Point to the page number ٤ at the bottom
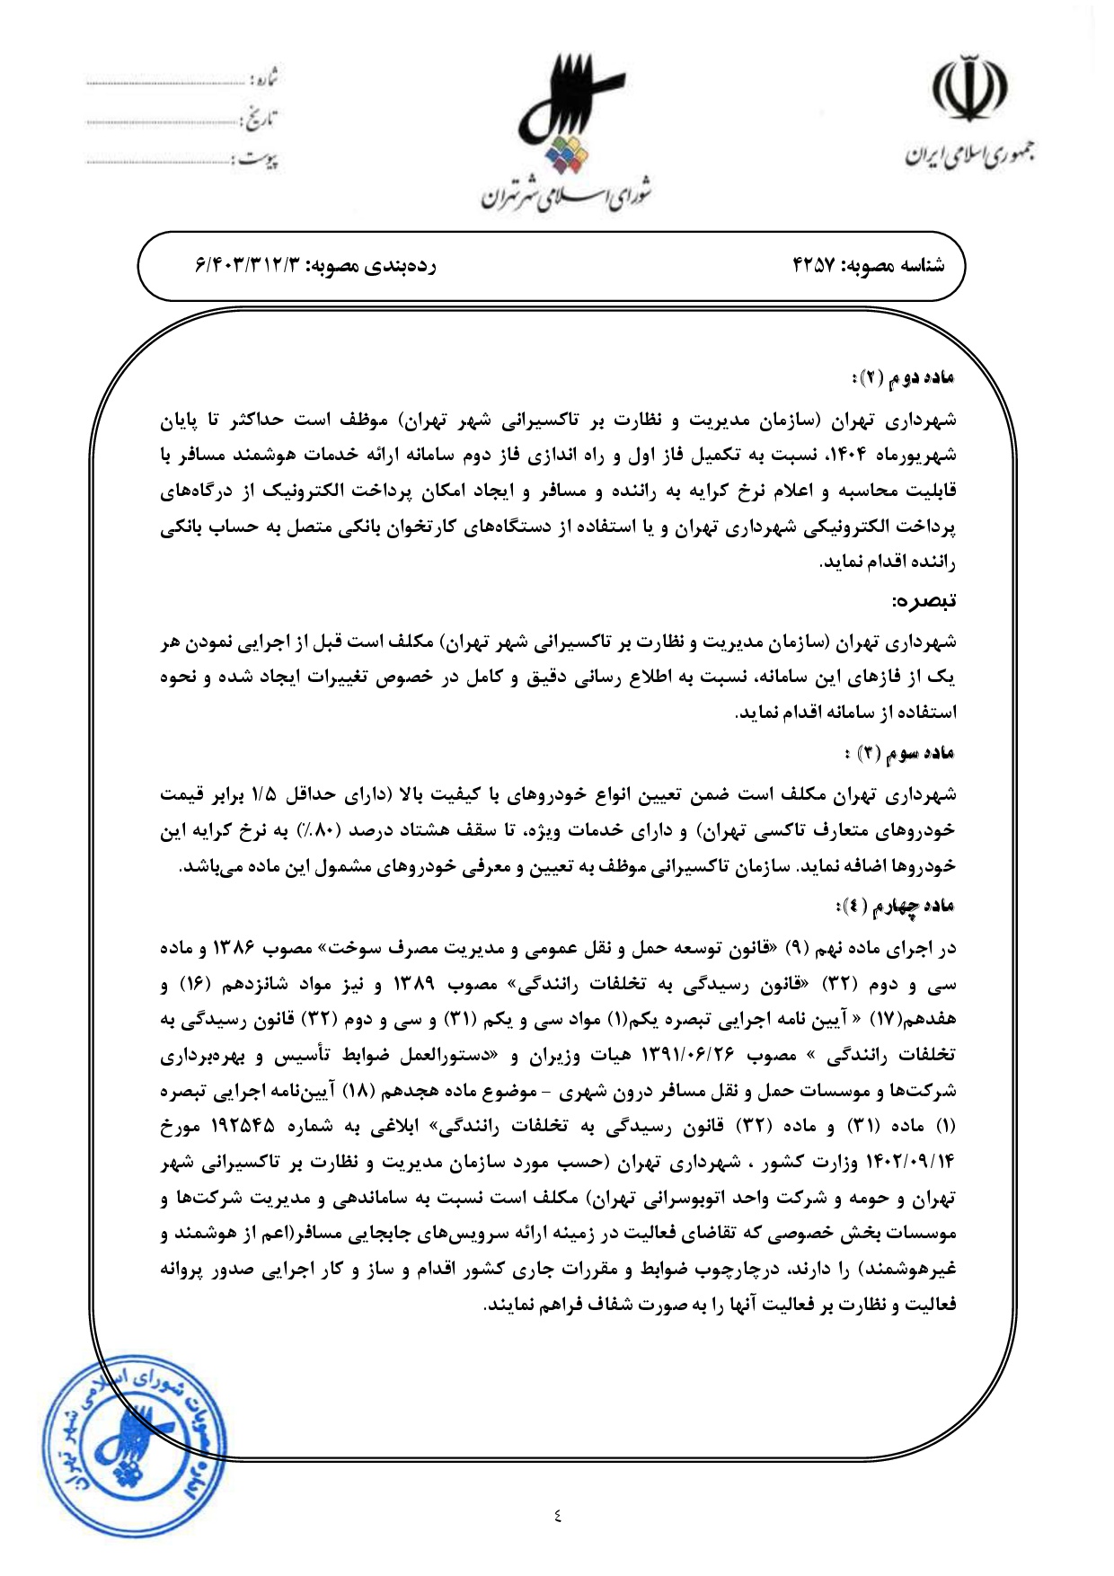coord(558,1517)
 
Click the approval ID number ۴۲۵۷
coord(813,265)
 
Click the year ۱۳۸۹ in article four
coord(414,985)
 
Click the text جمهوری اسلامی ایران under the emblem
coord(968,155)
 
